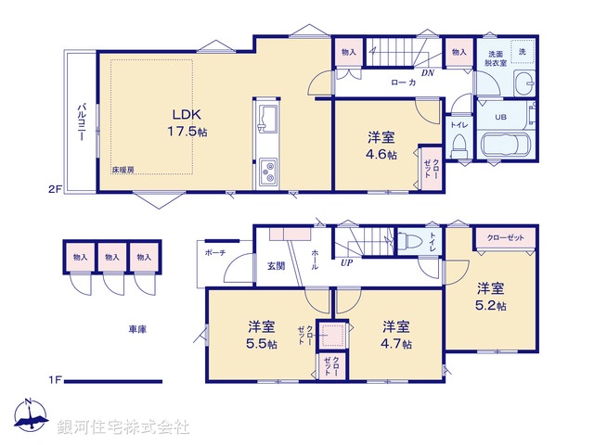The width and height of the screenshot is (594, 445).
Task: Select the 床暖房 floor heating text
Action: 123,170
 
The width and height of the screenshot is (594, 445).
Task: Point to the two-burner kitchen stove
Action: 270,170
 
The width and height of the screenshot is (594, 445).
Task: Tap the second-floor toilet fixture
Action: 458,146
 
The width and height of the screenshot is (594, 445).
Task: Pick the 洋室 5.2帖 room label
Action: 492,296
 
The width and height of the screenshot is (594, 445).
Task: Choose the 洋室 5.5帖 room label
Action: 261,335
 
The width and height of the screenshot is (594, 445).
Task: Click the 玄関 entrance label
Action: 277,266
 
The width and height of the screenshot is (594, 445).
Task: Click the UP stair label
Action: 346,263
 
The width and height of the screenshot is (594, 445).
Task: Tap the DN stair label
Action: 428,72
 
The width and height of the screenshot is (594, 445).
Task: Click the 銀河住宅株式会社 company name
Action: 123,427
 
